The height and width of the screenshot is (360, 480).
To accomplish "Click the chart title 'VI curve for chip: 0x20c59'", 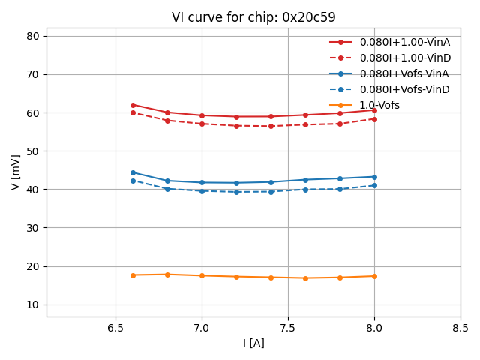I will [253, 17].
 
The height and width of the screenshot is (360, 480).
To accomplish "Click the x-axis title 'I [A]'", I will [253, 343].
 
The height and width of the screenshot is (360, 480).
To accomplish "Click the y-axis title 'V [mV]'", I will [16, 172].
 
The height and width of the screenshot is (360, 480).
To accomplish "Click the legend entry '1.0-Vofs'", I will [379, 105].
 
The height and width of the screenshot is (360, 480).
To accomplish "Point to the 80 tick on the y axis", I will [34, 36].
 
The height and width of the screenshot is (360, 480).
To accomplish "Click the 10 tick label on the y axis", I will [34, 304].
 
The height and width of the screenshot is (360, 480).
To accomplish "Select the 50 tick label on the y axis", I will [34, 151].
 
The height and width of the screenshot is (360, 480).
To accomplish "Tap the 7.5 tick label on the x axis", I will [288, 328].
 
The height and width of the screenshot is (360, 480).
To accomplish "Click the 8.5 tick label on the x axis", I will [460, 328].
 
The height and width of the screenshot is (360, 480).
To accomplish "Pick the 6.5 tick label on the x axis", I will [115, 328].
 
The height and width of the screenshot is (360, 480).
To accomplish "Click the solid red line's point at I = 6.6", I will [133, 105].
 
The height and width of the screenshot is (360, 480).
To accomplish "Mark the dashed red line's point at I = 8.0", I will [374, 119].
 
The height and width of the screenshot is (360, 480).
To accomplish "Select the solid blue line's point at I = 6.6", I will [133, 172].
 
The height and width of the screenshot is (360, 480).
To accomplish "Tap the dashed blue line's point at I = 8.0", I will [374, 185].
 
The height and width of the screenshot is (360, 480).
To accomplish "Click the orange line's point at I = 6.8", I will [167, 274].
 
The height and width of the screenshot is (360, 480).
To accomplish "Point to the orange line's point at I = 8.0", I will [374, 276].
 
